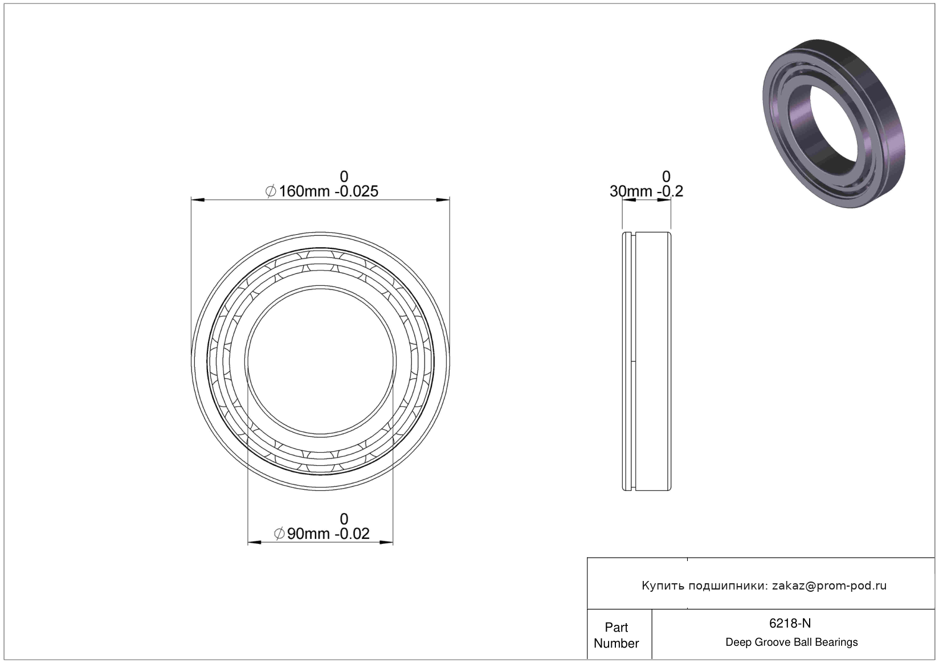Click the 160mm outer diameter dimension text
pos(304,191)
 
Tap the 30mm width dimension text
pos(631,191)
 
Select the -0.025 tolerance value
pos(356,191)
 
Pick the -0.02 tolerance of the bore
pos(352,534)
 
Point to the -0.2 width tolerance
pos(670,191)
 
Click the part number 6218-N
pos(790,623)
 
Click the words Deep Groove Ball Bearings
pos(791,642)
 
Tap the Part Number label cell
pos(617,635)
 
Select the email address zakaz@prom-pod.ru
pos(829,586)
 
